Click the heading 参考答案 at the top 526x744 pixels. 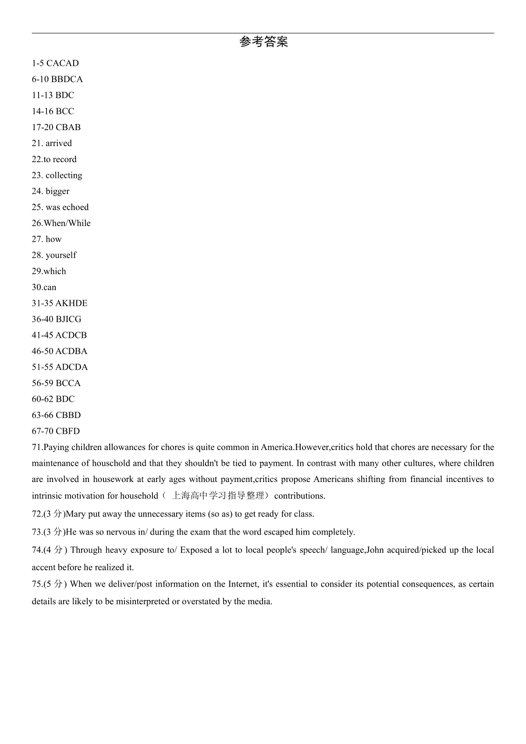pyautogui.click(x=263, y=42)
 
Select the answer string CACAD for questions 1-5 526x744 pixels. pyautogui.click(x=63, y=64)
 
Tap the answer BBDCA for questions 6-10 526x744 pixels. pyautogui.click(x=67, y=79)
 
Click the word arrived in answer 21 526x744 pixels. pyautogui.click(x=59, y=143)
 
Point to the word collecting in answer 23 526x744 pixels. pyautogui.click(x=64, y=175)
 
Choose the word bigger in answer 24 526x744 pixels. pyautogui.click(x=57, y=191)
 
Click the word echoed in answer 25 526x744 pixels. pyautogui.click(x=75, y=207)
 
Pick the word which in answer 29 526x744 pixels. pyautogui.click(x=55, y=271)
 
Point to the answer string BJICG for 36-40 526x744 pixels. pyautogui.click(x=68, y=319)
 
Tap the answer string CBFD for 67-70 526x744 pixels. pyautogui.click(x=68, y=431)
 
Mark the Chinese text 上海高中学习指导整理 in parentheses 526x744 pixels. pyautogui.click(x=218, y=496)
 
